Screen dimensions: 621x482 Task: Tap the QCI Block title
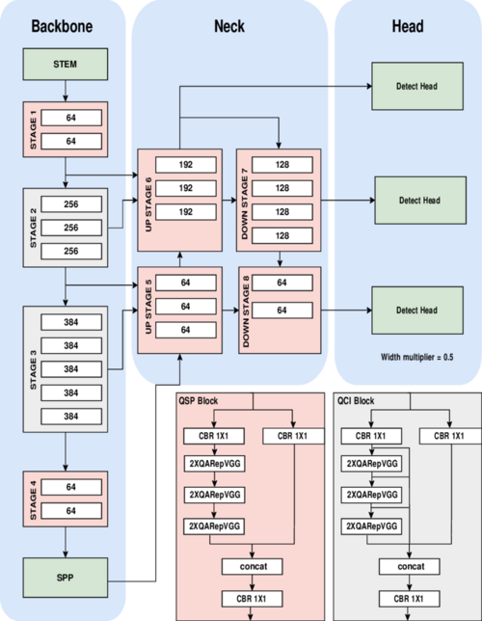356,399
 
